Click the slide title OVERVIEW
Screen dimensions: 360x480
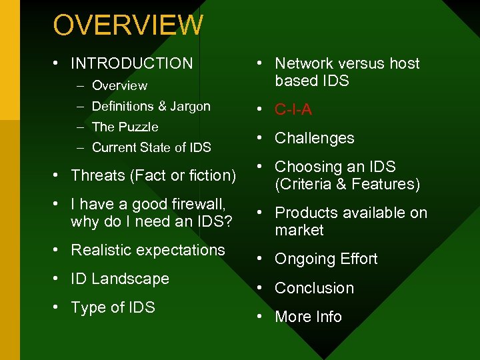(128, 25)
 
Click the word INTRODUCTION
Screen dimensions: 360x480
(131, 63)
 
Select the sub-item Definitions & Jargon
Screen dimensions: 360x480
(151, 106)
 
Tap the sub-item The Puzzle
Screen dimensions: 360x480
(125, 127)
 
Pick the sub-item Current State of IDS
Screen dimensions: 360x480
(151, 147)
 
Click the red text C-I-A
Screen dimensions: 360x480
(293, 109)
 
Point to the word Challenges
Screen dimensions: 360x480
(314, 138)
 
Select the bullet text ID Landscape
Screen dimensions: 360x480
(120, 279)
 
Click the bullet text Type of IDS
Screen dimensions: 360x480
(113, 307)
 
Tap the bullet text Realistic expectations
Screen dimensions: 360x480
(148, 250)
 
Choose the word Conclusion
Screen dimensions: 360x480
(314, 288)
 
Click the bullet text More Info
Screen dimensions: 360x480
(308, 317)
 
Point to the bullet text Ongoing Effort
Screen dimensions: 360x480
(326, 259)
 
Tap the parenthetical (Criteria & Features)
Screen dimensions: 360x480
(347, 184)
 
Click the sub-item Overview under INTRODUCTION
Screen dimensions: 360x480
(119, 85)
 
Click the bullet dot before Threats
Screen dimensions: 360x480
(58, 175)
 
